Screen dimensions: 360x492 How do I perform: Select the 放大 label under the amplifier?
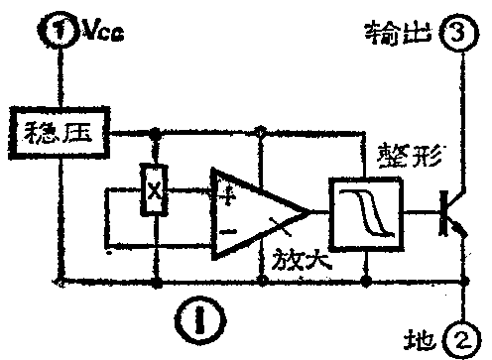coord(297,265)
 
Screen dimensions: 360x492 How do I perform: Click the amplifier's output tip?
coord(309,211)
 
